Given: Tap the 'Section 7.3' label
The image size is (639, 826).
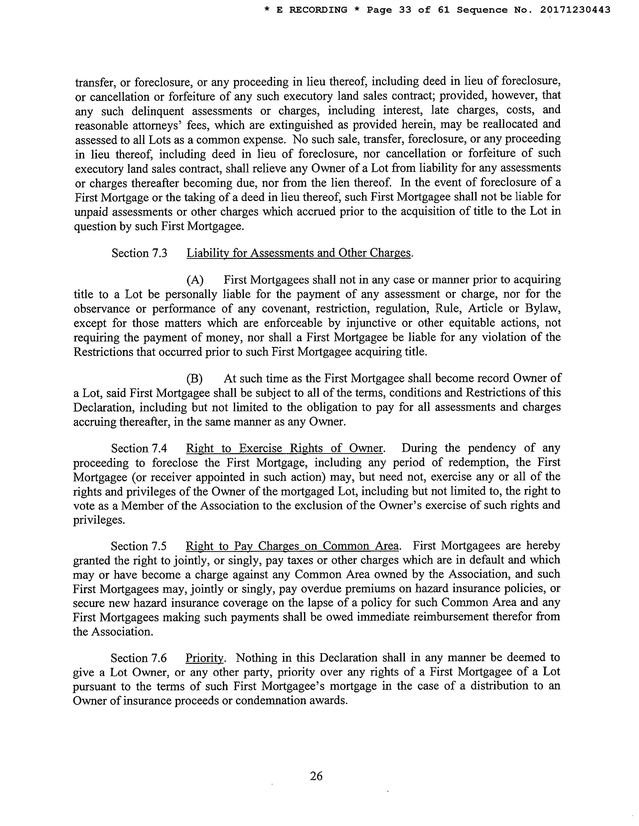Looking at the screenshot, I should click(139, 253).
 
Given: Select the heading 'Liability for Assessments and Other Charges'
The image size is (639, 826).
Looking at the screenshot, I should click(298, 253).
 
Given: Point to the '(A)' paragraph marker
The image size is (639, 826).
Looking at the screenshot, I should click(195, 280).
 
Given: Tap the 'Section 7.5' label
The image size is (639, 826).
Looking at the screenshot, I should click(139, 546).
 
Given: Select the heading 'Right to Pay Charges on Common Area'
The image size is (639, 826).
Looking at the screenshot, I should click(292, 546).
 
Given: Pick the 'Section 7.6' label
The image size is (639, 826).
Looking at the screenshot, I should click(139, 658).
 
